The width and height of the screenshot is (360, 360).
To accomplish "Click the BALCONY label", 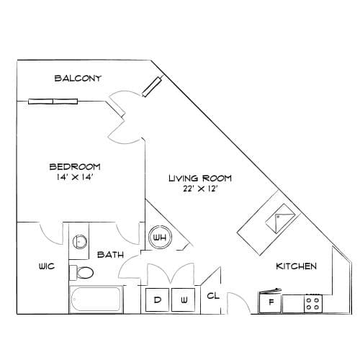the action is click(78, 78).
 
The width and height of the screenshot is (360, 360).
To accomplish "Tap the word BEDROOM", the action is click(75, 166).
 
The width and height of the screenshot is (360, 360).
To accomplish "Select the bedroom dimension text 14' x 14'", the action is click(75, 177).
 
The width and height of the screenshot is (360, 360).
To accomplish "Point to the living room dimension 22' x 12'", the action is click(200, 189).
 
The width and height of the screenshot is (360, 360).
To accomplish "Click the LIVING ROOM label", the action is click(200, 178).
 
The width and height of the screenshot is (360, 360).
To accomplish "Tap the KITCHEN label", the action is click(297, 266).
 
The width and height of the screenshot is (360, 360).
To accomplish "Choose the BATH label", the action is click(110, 254).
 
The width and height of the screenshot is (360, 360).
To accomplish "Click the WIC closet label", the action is click(47, 266).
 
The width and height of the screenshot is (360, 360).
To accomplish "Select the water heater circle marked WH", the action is click(160, 237).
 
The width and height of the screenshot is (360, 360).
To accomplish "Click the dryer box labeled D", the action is click(158, 300).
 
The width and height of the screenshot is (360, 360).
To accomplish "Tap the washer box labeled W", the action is click(183, 300).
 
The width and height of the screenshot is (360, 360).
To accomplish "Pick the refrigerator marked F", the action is click(271, 301).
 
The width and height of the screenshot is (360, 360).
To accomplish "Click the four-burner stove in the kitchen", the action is click(313, 303).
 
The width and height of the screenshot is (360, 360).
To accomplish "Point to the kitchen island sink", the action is click(280, 218).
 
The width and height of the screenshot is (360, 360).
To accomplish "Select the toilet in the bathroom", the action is click(81, 273).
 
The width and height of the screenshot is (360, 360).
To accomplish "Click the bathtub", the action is click(96, 300).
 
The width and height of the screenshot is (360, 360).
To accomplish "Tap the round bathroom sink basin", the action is click(80, 241).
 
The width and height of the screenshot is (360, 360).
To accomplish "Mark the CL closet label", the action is click(213, 296).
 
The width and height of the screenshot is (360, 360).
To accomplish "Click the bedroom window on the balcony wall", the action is click(53, 102).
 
